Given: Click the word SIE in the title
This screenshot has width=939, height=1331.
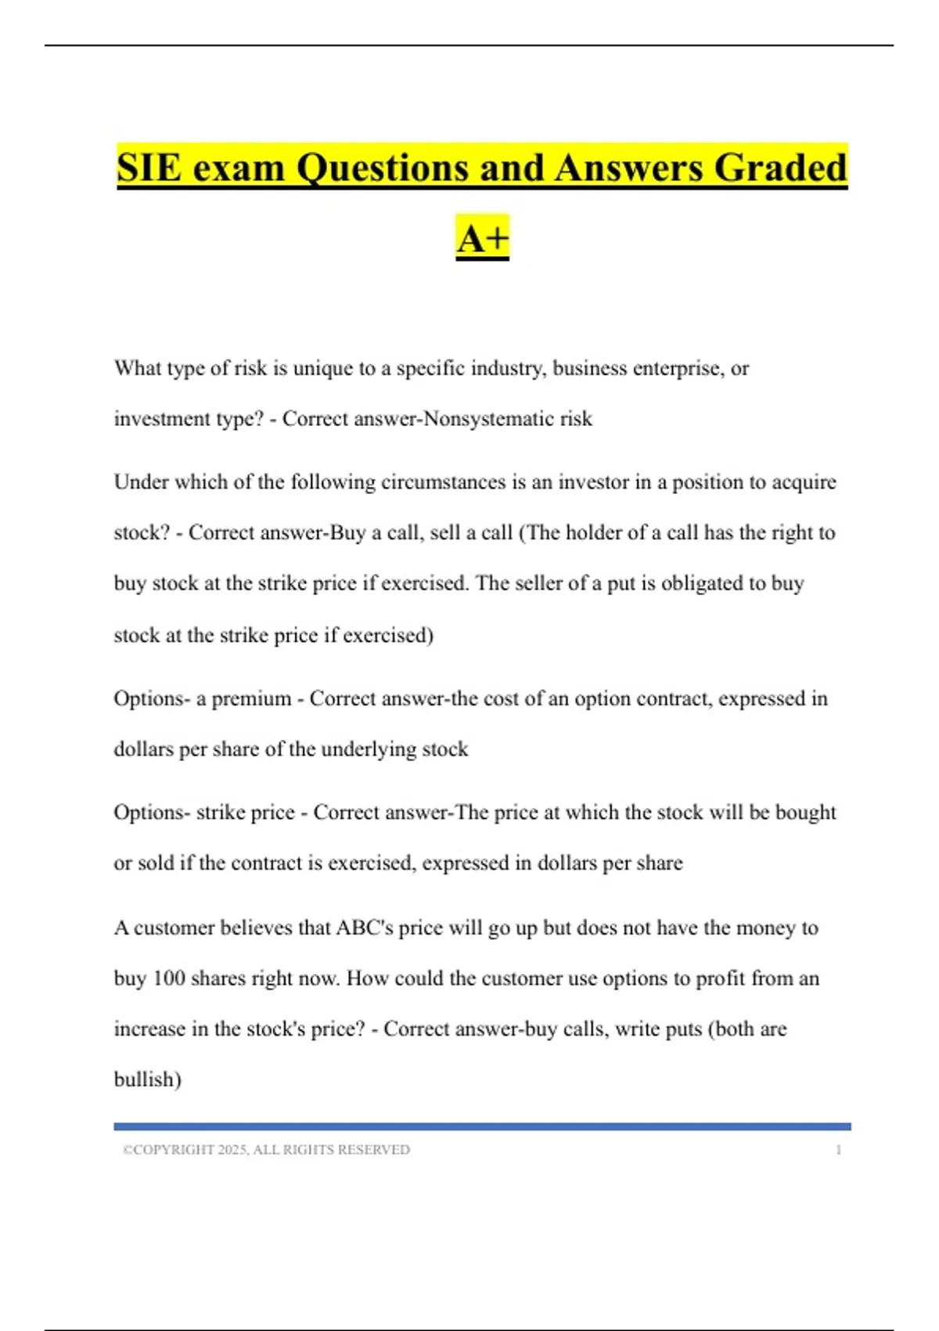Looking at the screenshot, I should pos(149,168).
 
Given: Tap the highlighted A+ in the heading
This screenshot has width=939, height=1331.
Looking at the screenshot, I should pos(482,238).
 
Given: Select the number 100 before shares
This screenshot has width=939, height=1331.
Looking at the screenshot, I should pos(168,979).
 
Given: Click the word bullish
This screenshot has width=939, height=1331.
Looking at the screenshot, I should pos(146,1080).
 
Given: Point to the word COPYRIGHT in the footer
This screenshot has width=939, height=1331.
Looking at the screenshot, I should pos(174,1150).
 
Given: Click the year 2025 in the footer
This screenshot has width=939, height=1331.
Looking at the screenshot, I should pos(232,1150).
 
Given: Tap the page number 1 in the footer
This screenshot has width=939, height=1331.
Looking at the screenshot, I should pos(838,1150).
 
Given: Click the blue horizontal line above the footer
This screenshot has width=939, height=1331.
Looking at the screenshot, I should pos(482,1127).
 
